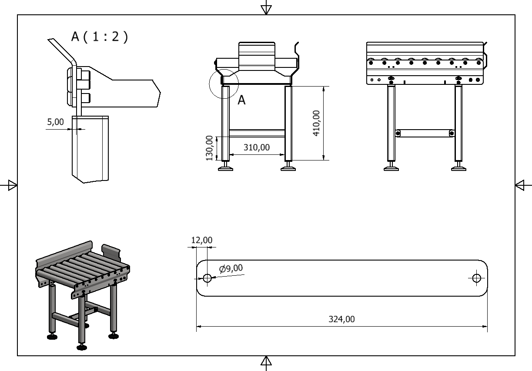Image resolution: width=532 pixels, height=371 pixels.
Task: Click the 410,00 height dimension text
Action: (317, 123)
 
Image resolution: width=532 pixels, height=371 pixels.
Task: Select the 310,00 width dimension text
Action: (256, 147)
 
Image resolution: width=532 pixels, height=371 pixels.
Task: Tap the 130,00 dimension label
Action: (210, 147)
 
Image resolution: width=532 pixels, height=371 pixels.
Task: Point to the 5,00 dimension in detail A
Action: (55, 122)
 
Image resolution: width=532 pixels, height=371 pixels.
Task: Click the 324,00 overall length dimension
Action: (341, 319)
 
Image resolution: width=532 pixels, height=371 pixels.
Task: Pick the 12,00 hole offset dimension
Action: (202, 240)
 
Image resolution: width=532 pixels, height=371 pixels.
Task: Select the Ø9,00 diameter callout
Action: (231, 268)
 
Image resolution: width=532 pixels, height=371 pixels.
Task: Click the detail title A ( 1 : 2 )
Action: (100, 37)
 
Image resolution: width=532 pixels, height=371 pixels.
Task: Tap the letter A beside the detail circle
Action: (241, 100)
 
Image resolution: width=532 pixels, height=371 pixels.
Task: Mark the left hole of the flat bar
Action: (207, 278)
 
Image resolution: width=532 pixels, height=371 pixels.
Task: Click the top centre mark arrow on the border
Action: (266, 9)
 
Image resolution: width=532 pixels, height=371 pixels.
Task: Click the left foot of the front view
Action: (225, 168)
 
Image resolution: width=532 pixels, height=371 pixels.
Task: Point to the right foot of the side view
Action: (458, 168)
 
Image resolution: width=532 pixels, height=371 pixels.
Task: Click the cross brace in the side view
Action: (424, 133)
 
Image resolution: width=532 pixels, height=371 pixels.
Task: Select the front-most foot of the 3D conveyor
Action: (81, 347)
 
